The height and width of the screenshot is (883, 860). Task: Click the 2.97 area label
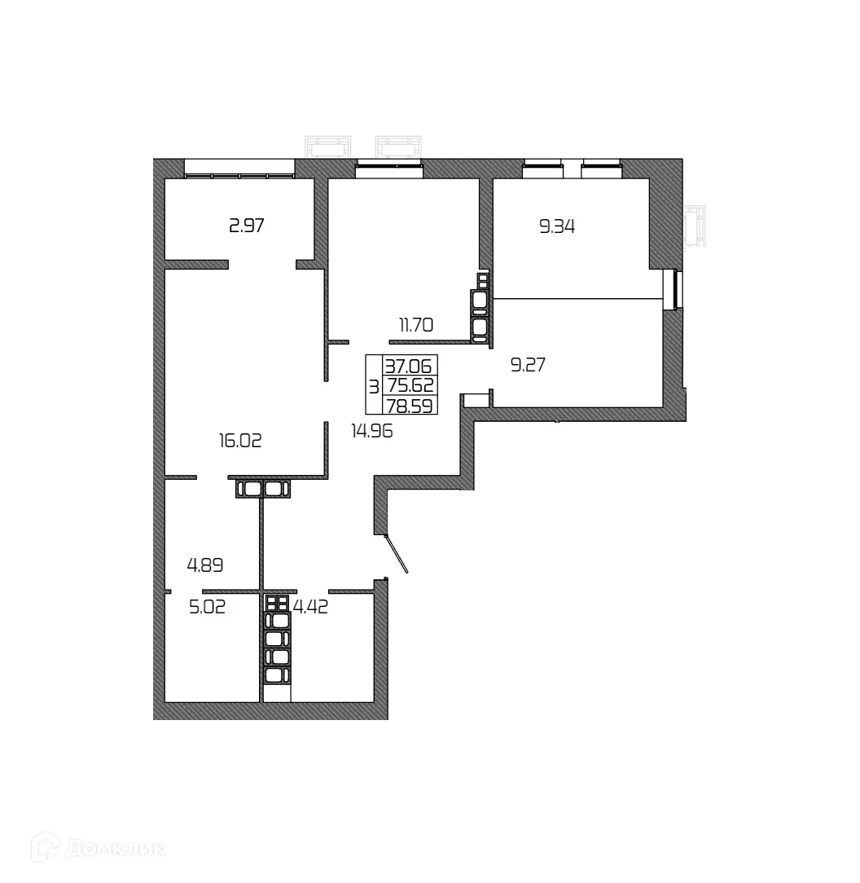coord(247,226)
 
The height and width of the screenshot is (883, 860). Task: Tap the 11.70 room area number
coord(415,326)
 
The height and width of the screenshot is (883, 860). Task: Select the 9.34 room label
coord(557,226)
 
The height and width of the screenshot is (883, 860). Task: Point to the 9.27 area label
coord(527,365)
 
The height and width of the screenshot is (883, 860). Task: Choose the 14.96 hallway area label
coord(372,432)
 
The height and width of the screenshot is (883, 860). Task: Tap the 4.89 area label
coord(205,564)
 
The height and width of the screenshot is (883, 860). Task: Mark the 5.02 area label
coord(207,607)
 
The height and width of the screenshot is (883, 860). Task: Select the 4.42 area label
coord(310,607)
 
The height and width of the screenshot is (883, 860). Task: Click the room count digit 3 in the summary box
coord(374,385)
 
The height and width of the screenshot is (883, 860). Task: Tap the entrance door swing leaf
coord(397,554)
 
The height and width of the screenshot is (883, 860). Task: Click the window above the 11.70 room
coord(389,169)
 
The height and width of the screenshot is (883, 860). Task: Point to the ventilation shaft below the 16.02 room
coord(263,489)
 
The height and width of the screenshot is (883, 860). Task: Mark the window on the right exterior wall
coord(672,289)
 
